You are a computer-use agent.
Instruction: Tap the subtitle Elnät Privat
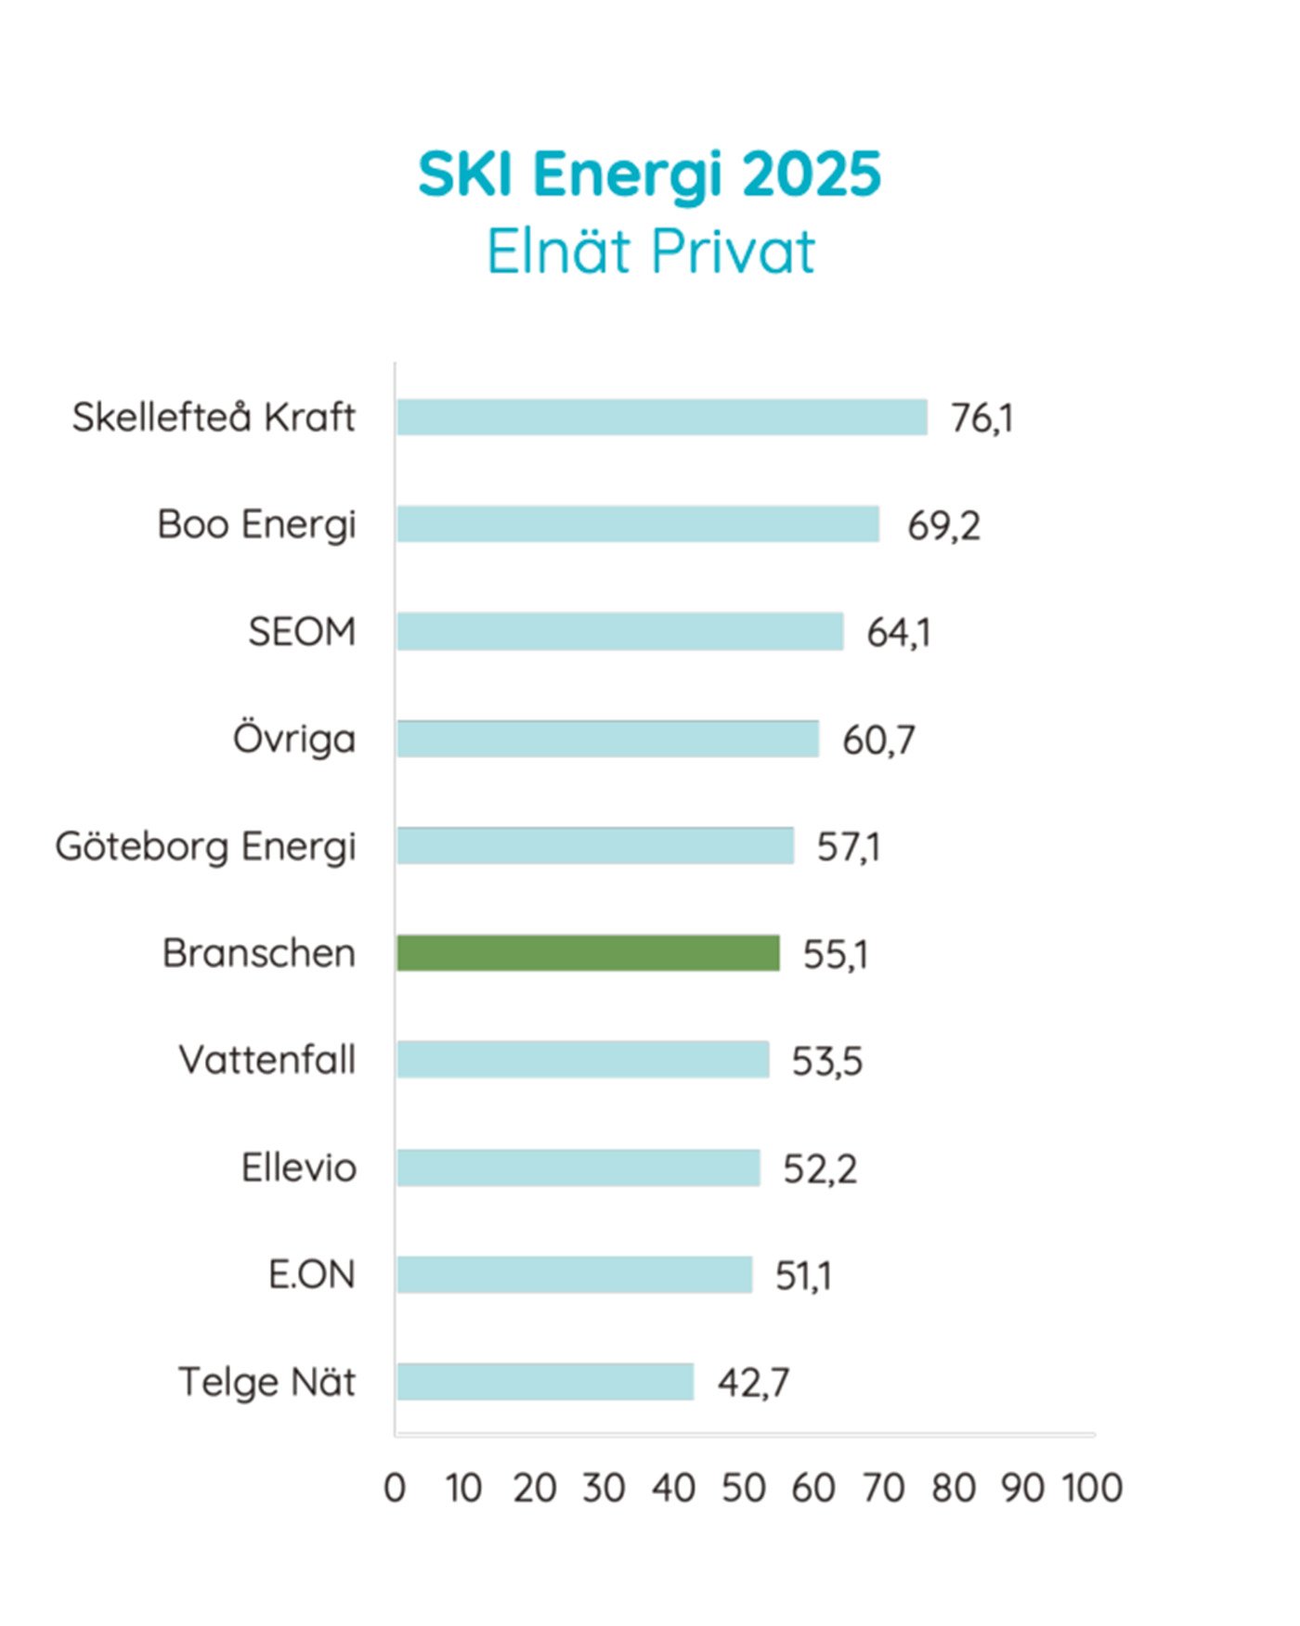tap(650, 251)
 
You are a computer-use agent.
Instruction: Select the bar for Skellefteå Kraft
tap(661, 418)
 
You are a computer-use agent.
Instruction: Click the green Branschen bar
tap(588, 953)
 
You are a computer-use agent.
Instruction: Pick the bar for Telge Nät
tap(545, 1382)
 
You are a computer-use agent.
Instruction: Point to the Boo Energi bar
tap(637, 524)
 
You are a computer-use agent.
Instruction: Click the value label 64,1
tap(898, 633)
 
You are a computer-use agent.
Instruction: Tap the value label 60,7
tap(878, 741)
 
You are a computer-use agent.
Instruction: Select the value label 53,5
tap(826, 1061)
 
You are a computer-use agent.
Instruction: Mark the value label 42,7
tap(753, 1383)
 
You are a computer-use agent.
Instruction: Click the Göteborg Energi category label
tap(205, 846)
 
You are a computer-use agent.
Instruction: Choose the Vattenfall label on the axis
tap(267, 1060)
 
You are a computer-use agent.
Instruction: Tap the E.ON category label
tap(312, 1275)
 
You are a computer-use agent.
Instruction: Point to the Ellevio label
tap(299, 1168)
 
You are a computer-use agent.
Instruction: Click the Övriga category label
tap(294, 740)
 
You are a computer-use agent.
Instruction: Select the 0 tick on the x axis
tap(395, 1489)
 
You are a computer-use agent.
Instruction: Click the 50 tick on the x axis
tap(744, 1489)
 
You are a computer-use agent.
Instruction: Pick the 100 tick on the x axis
tap(1092, 1489)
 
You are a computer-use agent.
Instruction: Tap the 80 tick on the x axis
tap(954, 1489)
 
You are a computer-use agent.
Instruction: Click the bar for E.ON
tap(574, 1275)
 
